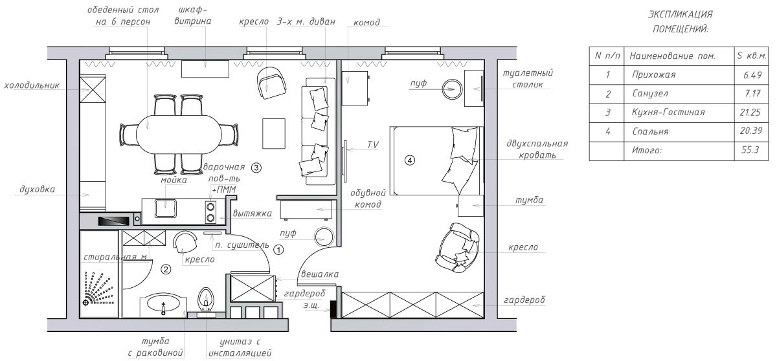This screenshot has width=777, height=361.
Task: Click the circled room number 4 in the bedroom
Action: point(410,160)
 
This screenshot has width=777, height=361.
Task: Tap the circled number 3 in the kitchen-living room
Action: point(256,168)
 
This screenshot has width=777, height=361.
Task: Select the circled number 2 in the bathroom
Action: point(166,269)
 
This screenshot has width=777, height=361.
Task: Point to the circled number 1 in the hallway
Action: point(278,250)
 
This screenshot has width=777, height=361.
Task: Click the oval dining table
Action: point(179,135)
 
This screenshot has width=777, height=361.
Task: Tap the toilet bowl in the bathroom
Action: point(206,299)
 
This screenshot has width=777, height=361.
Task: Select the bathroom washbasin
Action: point(163,305)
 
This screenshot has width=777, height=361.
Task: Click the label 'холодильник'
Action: point(32,85)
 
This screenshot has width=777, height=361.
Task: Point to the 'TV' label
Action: point(373,145)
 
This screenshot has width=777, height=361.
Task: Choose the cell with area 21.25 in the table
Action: point(750,113)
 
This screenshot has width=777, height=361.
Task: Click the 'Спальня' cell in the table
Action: point(650,131)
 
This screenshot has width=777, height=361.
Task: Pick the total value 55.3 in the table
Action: point(750,149)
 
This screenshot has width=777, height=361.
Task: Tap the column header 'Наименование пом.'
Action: point(672,56)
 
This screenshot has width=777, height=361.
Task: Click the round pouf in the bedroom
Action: point(453,89)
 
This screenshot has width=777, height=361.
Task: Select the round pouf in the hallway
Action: point(324,237)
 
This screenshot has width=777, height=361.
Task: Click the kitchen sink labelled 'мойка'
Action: point(166,209)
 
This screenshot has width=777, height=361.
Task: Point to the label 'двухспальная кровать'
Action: point(537,149)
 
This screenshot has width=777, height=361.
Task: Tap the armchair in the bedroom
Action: point(458,247)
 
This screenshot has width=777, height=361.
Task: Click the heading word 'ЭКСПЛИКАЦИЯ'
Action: point(681,14)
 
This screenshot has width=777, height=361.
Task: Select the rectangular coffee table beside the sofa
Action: point(274,134)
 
